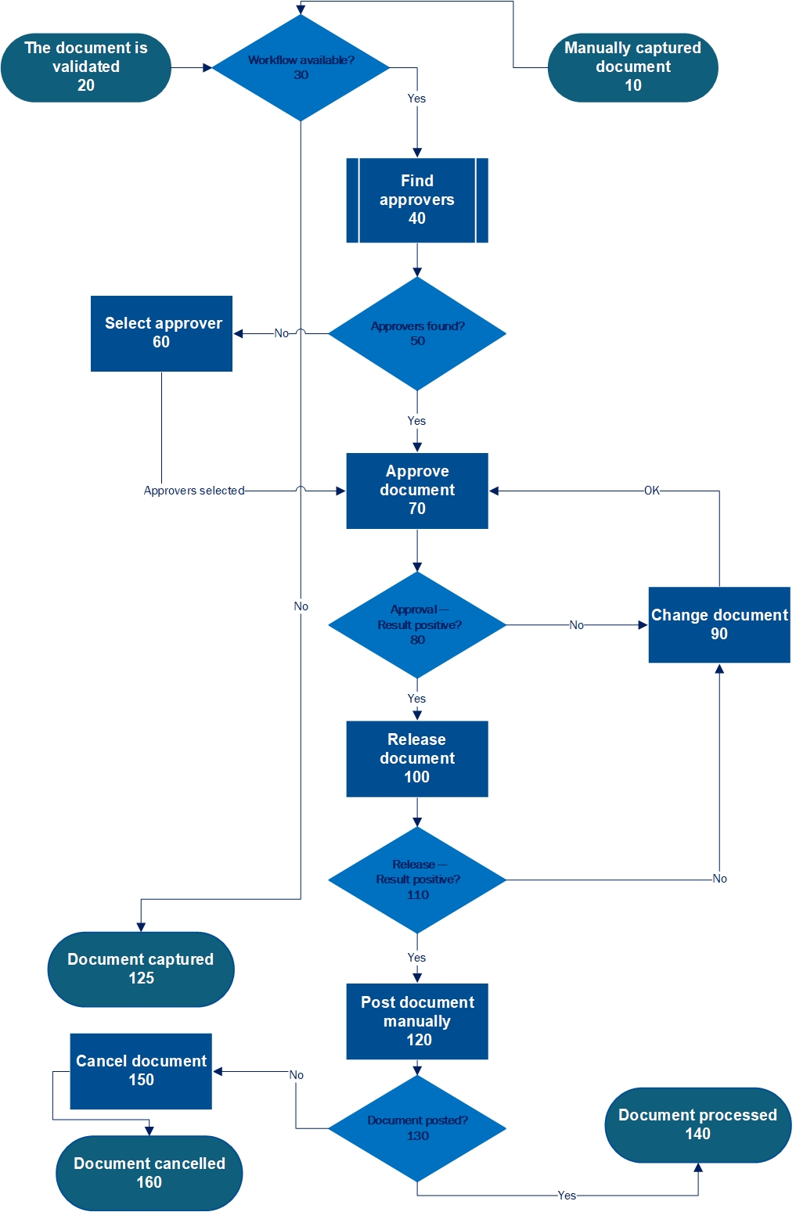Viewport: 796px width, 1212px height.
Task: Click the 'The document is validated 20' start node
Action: (86, 67)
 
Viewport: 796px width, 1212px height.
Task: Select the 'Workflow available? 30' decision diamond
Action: (301, 68)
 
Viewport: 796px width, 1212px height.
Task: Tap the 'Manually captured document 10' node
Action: (632, 67)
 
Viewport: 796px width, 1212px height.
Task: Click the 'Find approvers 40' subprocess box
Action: (417, 200)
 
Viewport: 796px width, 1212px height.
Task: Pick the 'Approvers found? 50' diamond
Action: (417, 333)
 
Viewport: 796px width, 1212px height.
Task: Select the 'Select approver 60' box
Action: (161, 333)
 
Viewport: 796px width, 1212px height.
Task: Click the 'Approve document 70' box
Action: (417, 491)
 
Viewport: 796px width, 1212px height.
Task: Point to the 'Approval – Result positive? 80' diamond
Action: (417, 625)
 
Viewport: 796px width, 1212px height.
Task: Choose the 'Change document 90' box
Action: (719, 624)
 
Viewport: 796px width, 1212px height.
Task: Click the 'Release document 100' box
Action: (417, 759)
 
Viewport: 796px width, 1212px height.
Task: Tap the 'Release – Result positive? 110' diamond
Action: (417, 880)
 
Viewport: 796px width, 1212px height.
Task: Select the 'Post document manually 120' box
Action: (417, 1021)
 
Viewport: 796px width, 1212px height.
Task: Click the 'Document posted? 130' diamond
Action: (417, 1128)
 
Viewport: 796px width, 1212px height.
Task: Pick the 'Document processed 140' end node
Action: (697, 1125)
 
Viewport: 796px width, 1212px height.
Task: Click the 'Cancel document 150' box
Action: (141, 1071)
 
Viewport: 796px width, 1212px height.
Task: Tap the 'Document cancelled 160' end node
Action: (149, 1173)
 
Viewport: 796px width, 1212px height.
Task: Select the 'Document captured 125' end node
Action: (141, 969)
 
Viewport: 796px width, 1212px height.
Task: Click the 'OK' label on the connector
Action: (652, 491)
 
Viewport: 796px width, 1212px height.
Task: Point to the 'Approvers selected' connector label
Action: (194, 491)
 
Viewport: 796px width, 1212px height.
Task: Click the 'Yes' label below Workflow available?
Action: (416, 99)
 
